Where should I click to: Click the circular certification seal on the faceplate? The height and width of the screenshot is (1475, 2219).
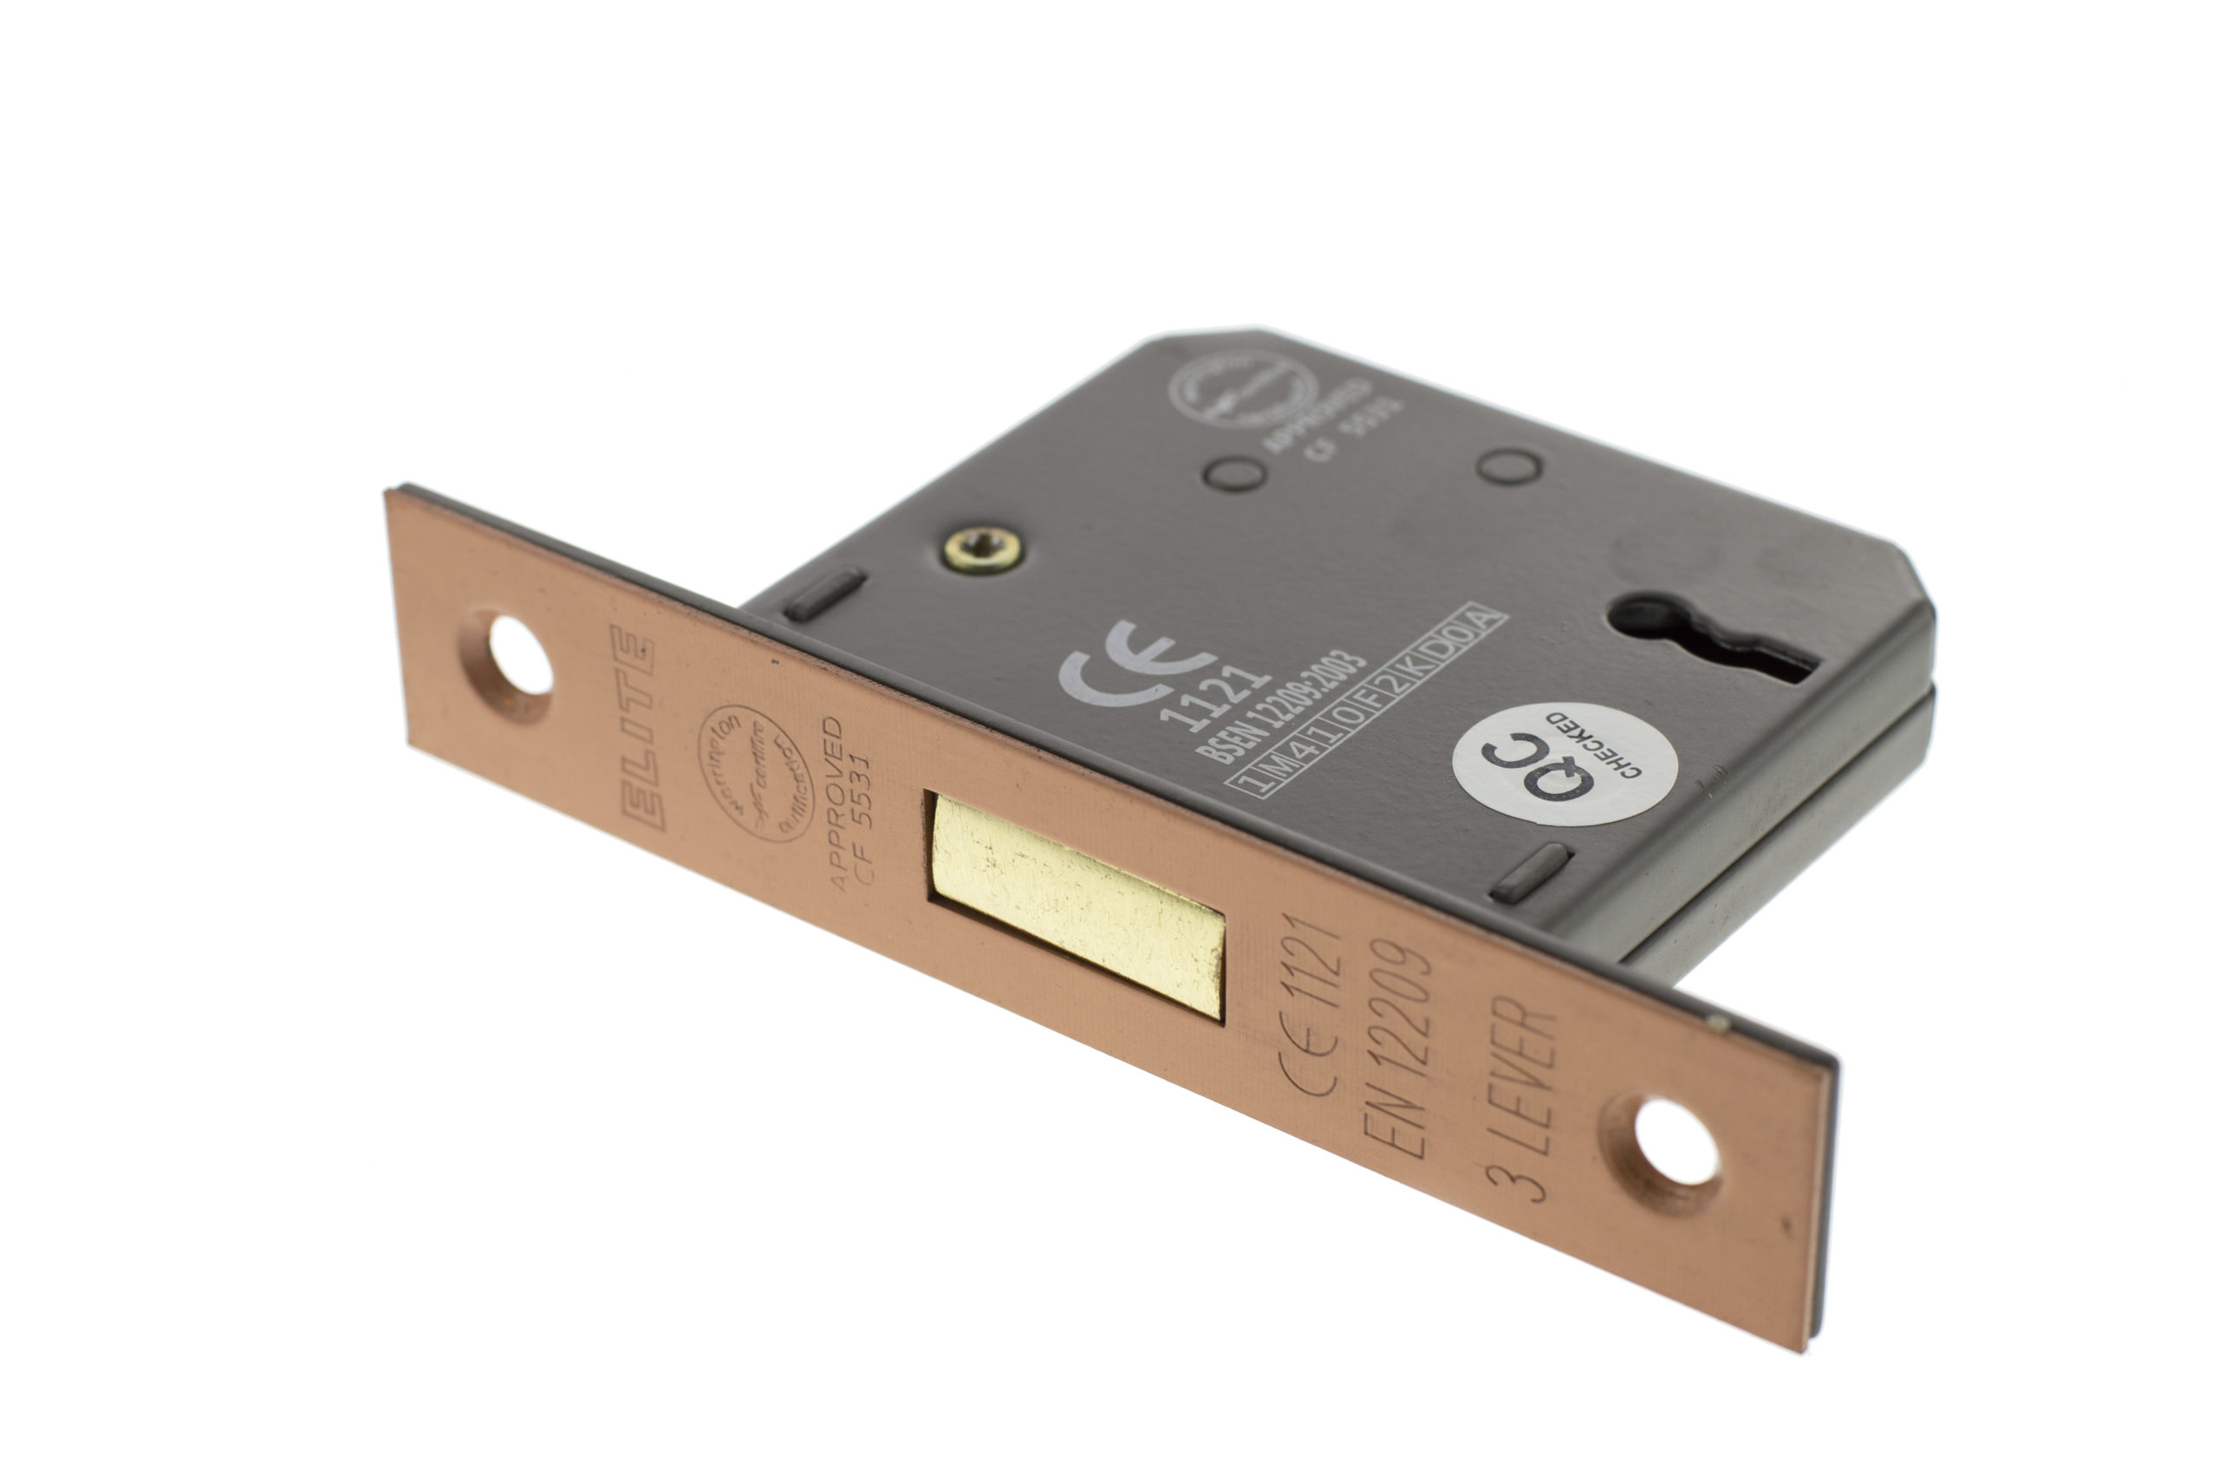(754, 773)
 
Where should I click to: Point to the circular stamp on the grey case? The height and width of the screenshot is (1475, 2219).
(1241, 390)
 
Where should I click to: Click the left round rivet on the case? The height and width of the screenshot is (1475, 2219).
(1236, 473)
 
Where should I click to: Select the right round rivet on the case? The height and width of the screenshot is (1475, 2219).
(1508, 465)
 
